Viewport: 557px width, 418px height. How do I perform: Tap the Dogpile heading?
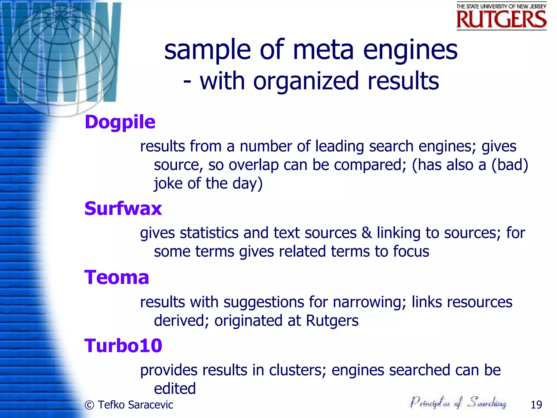tap(120, 122)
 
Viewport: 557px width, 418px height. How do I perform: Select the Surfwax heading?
tap(123, 209)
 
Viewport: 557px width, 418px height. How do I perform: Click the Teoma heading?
tap(117, 278)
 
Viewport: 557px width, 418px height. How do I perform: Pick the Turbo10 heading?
tap(123, 346)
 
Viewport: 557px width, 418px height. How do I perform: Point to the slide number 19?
tap(536, 405)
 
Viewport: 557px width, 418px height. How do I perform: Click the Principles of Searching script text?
tap(458, 402)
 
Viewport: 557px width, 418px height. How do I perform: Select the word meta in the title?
tap(323, 50)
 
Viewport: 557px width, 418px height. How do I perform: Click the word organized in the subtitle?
tap(306, 81)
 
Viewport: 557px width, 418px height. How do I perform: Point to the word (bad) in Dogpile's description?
tap(510, 165)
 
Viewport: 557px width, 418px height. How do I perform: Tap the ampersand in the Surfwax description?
tap(367, 233)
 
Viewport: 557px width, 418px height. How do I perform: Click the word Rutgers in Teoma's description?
tap(332, 321)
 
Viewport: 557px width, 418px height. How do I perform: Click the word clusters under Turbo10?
tap(298, 370)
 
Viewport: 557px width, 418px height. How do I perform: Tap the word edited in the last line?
tap(175, 389)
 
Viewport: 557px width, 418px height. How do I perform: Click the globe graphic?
tap(61, 59)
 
